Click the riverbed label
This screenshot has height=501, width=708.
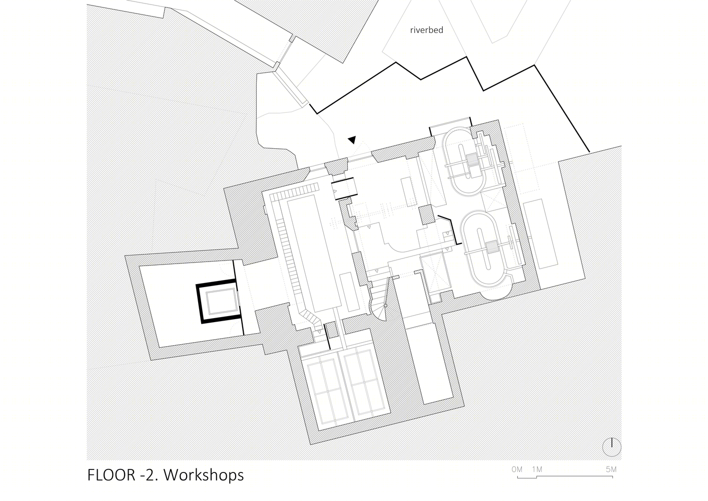pyautogui.click(x=426, y=30)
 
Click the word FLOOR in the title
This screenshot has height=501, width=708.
pyautogui.click(x=111, y=475)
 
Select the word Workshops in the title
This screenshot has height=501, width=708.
pyautogui.click(x=204, y=475)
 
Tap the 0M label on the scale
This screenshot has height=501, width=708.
pyautogui.click(x=517, y=469)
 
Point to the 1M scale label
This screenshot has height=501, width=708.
pyautogui.click(x=537, y=469)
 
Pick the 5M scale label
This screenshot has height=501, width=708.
pyautogui.click(x=611, y=469)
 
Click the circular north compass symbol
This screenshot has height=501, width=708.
pyautogui.click(x=611, y=447)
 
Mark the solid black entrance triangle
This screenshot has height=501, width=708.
pyautogui.click(x=352, y=140)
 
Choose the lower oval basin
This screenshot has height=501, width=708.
pyautogui.click(x=485, y=248)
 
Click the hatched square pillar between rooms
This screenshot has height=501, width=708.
pyautogui.click(x=427, y=215)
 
